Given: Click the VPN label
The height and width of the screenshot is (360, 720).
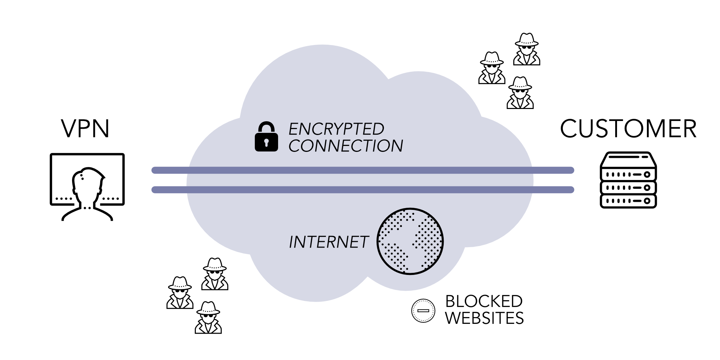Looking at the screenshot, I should pyautogui.click(x=85, y=129).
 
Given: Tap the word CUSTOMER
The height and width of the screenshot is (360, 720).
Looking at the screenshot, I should pyautogui.click(x=628, y=129).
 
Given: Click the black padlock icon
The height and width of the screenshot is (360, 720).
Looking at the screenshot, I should pyautogui.click(x=266, y=137).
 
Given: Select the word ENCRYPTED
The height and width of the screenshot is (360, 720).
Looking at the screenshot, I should pyautogui.click(x=336, y=129).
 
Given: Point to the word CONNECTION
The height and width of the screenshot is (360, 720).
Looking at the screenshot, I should pyautogui.click(x=346, y=146).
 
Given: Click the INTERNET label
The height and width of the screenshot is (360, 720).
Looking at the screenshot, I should pyautogui.click(x=328, y=242).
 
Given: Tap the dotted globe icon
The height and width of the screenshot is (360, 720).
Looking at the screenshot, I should pyautogui.click(x=410, y=241).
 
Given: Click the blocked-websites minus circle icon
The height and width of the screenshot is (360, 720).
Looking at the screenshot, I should pyautogui.click(x=423, y=310).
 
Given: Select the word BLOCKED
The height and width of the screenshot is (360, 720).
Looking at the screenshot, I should pyautogui.click(x=484, y=301).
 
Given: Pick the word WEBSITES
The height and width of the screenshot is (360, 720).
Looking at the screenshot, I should pyautogui.click(x=484, y=318).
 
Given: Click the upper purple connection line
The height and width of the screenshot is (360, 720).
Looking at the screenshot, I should pyautogui.click(x=362, y=171).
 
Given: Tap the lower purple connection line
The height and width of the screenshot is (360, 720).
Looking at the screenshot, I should pyautogui.click(x=362, y=190).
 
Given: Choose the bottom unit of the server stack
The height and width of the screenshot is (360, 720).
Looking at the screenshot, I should pyautogui.click(x=628, y=201).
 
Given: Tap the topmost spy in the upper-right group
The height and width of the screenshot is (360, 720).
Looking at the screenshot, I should pyautogui.click(x=526, y=49).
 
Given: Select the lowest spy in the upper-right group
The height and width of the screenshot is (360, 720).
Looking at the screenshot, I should pyautogui.click(x=520, y=93).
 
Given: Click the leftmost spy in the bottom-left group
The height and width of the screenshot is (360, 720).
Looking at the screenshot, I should pyautogui.click(x=180, y=293).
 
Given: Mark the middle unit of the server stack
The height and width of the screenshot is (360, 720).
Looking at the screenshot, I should pyautogui.click(x=628, y=187).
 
